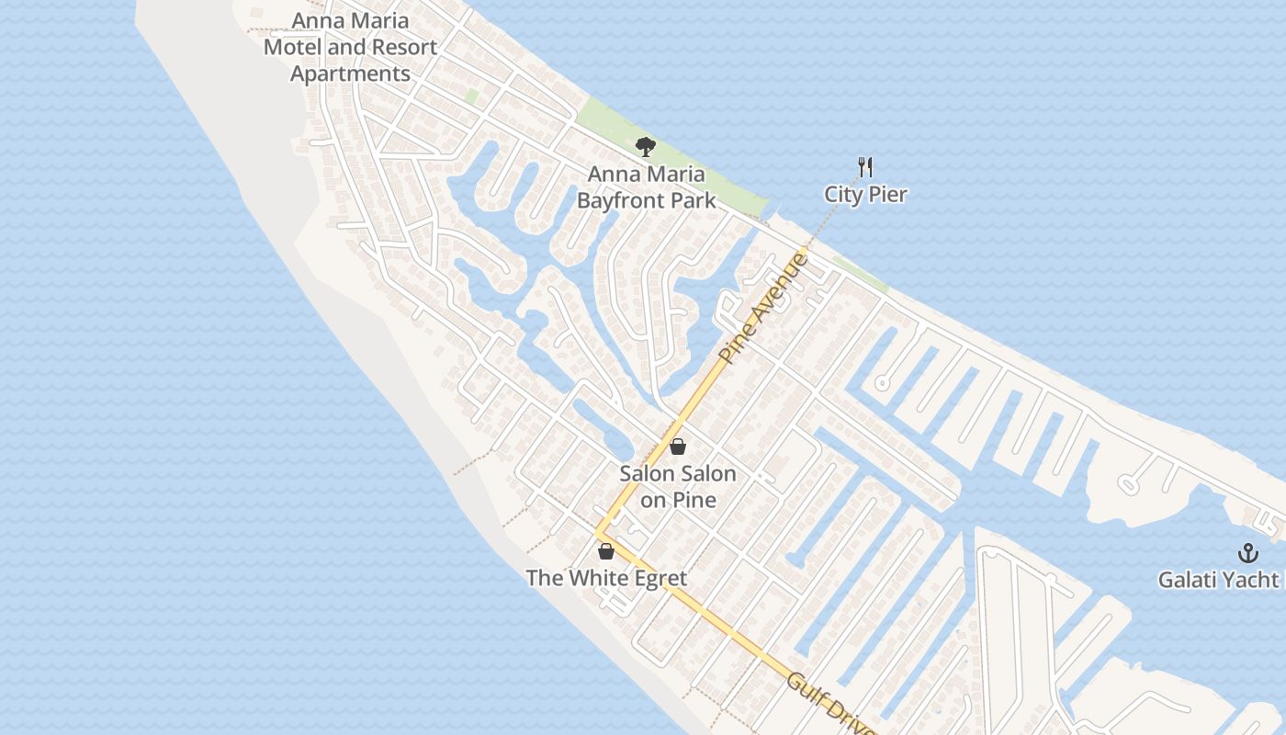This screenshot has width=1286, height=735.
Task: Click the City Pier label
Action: [865, 194]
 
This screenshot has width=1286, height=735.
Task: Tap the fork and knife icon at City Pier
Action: [864, 167]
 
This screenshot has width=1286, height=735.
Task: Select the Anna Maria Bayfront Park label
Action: [647, 187]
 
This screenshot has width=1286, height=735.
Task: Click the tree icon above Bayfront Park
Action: [646, 146]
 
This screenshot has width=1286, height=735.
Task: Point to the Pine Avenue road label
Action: [764, 309]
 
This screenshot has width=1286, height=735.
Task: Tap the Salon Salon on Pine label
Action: [678, 487]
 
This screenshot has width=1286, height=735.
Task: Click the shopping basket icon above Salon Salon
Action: [678, 447]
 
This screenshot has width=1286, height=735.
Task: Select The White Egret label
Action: [606, 578]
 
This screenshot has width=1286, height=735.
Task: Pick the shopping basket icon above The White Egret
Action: [606, 551]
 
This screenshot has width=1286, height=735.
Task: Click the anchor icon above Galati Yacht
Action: [1247, 553]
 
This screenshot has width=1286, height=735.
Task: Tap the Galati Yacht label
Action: [1218, 580]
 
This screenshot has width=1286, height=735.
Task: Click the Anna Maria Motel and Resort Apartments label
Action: [350, 47]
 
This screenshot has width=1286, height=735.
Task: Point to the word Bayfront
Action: [646, 199]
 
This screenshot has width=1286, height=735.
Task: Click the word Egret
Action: [655, 578]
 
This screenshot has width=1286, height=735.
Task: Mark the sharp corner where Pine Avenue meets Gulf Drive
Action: [598, 532]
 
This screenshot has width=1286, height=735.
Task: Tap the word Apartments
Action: [350, 73]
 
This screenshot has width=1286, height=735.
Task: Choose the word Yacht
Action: [1252, 580]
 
